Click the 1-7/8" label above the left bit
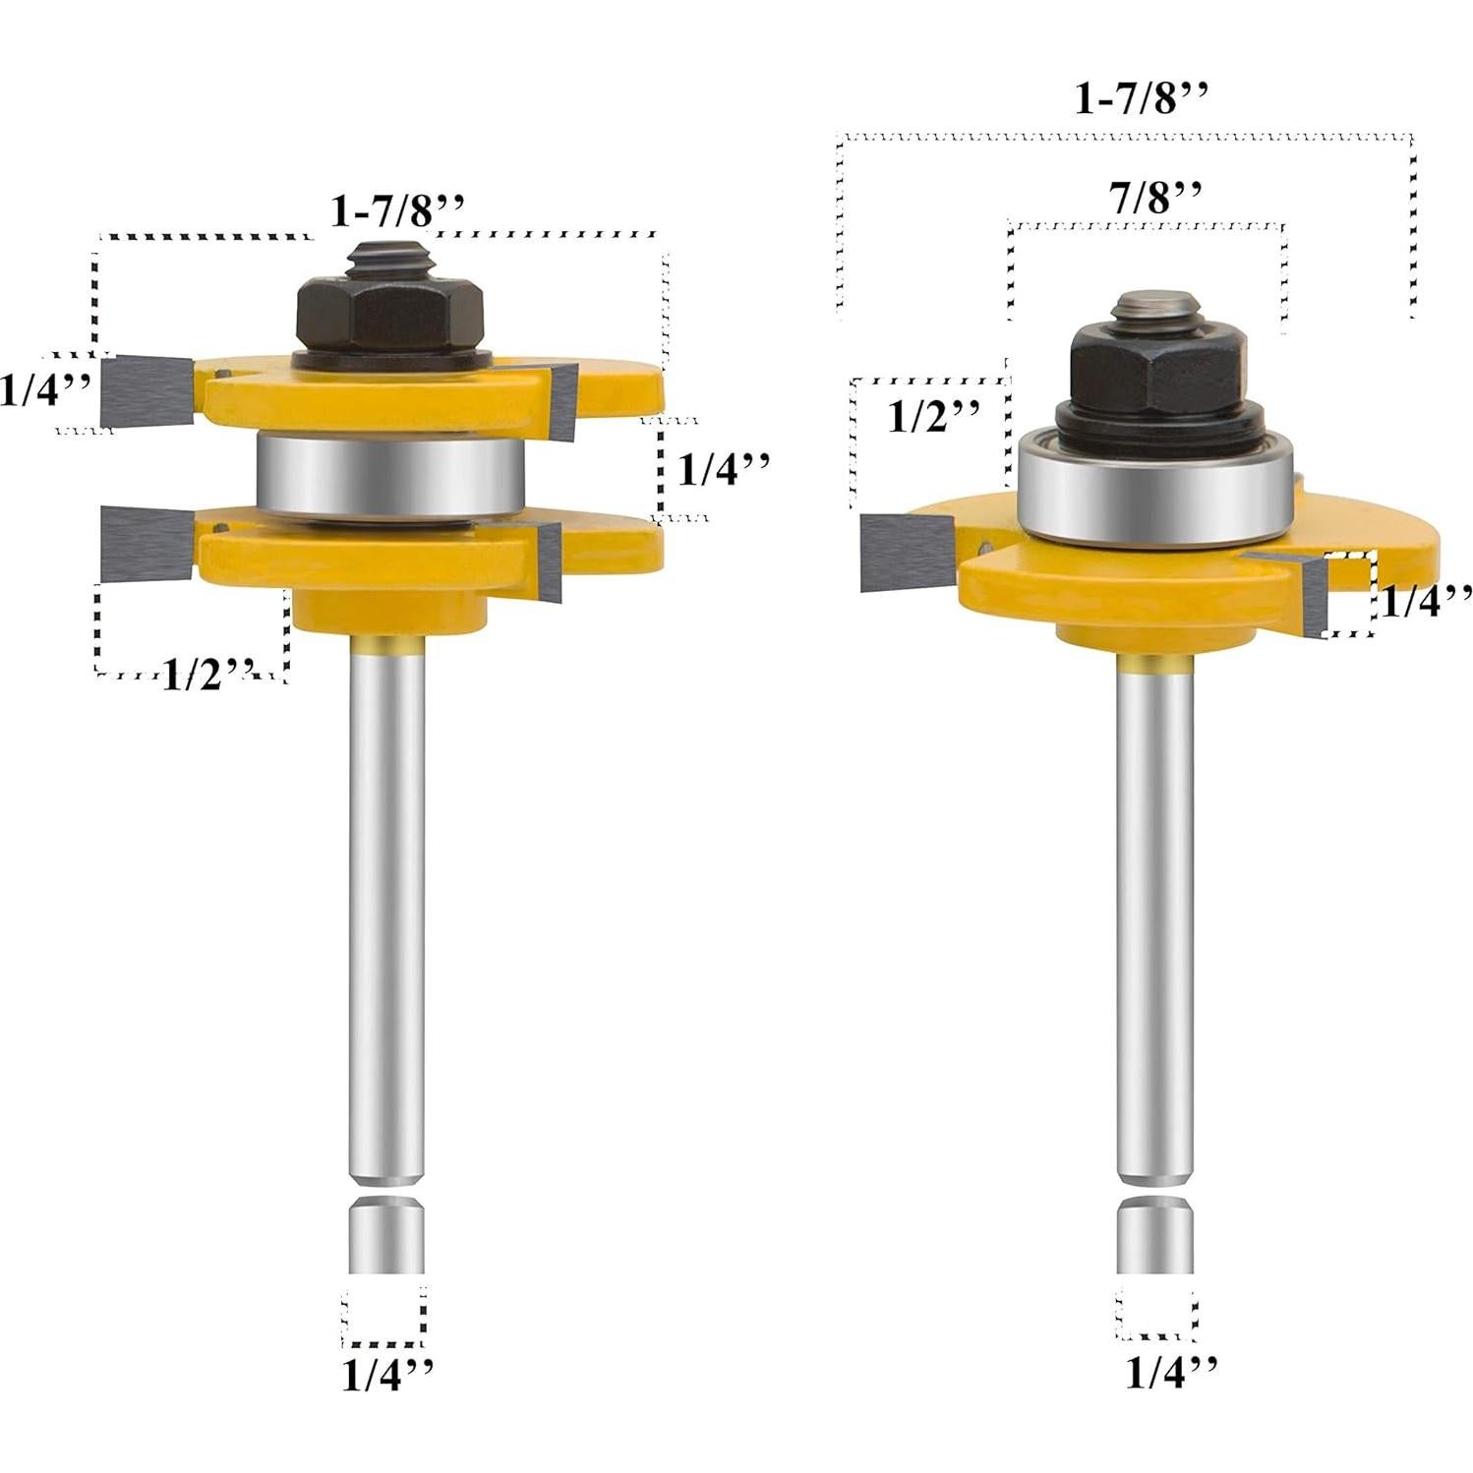[x=397, y=210]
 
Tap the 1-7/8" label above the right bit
[x=1141, y=98]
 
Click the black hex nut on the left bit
[x=390, y=313]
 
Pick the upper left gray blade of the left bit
[x=147, y=391]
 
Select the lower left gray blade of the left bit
[x=147, y=544]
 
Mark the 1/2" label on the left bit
[x=206, y=675]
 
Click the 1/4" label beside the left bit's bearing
[x=724, y=469]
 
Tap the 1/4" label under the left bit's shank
[x=386, y=1374]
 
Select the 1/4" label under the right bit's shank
[x=1170, y=1371]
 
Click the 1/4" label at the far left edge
[x=44, y=390]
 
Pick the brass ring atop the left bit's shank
[x=387, y=645]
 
